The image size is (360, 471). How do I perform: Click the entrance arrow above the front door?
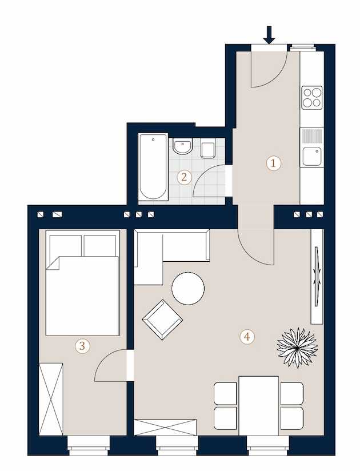(x=269, y=35)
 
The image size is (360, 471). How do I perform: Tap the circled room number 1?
(x=274, y=163)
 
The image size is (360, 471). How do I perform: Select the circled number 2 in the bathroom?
(x=184, y=177)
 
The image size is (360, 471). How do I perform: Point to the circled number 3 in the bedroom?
(x=82, y=346)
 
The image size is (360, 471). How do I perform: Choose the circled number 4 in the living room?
(x=247, y=337)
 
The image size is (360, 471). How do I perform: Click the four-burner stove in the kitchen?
(x=312, y=98)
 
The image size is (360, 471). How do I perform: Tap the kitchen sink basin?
(x=312, y=156)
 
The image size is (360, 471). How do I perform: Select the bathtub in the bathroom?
(x=153, y=167)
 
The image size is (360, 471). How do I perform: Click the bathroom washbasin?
(x=182, y=146)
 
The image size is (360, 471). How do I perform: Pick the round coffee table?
(x=188, y=288)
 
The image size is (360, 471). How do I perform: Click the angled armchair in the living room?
(x=162, y=320)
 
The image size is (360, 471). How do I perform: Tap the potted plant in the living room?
(x=297, y=348)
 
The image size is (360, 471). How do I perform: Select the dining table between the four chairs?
(x=258, y=405)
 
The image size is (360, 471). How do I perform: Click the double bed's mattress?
(x=82, y=296)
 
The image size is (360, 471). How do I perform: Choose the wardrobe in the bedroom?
(x=51, y=399)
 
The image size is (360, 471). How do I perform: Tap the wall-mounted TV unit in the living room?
(x=317, y=276)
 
